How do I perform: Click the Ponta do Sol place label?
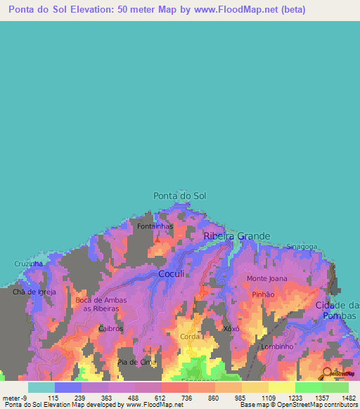[180, 195]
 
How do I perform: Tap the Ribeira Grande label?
[237, 237]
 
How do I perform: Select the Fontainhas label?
[155, 227]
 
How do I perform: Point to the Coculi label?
[172, 273]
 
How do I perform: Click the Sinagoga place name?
[302, 247]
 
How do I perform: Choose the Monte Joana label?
[267, 279]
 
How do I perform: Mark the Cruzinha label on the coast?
[28, 264]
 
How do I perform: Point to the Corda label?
[190, 337]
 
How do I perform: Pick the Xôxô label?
[231, 328]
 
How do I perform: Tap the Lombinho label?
[276, 346]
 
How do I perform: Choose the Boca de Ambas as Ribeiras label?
[101, 304]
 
